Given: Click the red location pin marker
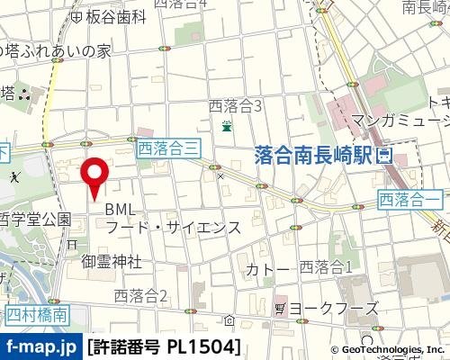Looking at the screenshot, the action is pos(96,174).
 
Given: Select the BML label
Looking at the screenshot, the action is pos(120,209).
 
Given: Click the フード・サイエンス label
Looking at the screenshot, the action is pos(174,228).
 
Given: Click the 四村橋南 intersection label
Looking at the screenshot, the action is pos(36,314).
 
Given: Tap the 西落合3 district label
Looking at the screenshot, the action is pos(235,106).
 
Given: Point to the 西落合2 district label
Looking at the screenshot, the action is pos(141,294).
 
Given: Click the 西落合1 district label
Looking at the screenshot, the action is pos(326,265).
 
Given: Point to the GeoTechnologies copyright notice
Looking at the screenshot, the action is pos(387,349).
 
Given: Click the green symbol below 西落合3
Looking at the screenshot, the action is pos(227,125).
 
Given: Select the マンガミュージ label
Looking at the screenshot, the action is pos(400,120).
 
